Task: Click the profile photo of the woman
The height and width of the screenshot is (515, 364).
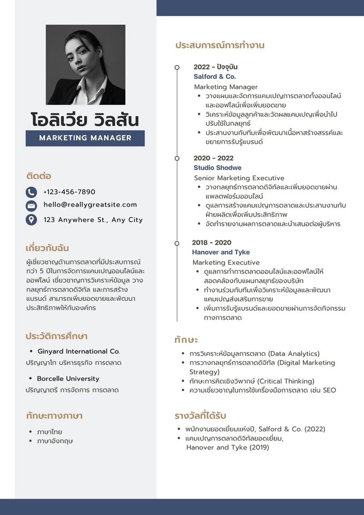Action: point(85,64)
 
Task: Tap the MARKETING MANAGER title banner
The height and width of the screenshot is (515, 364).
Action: point(85,138)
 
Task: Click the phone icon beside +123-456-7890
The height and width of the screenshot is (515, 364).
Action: point(32,192)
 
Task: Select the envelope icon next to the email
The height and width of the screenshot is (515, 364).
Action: point(32,205)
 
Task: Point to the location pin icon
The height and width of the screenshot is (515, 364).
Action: point(32,219)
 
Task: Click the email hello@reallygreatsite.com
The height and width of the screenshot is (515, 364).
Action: point(90,204)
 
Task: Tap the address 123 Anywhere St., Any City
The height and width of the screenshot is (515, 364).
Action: point(93,219)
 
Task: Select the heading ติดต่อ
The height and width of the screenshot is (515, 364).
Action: point(39,175)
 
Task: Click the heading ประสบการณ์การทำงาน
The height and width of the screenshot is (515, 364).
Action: point(220,45)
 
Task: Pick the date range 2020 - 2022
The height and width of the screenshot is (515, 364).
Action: point(213,158)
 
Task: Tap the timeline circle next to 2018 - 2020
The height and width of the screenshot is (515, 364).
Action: point(177,243)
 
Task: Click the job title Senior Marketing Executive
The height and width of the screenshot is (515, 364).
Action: point(239,178)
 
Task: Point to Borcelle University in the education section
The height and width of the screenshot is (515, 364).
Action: point(68,379)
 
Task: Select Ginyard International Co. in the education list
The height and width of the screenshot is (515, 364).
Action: point(79,351)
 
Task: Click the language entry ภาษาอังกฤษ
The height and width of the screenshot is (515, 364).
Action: point(55,441)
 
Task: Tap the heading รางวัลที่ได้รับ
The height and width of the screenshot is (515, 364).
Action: point(200,416)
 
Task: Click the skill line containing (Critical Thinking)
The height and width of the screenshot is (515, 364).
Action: point(252,381)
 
